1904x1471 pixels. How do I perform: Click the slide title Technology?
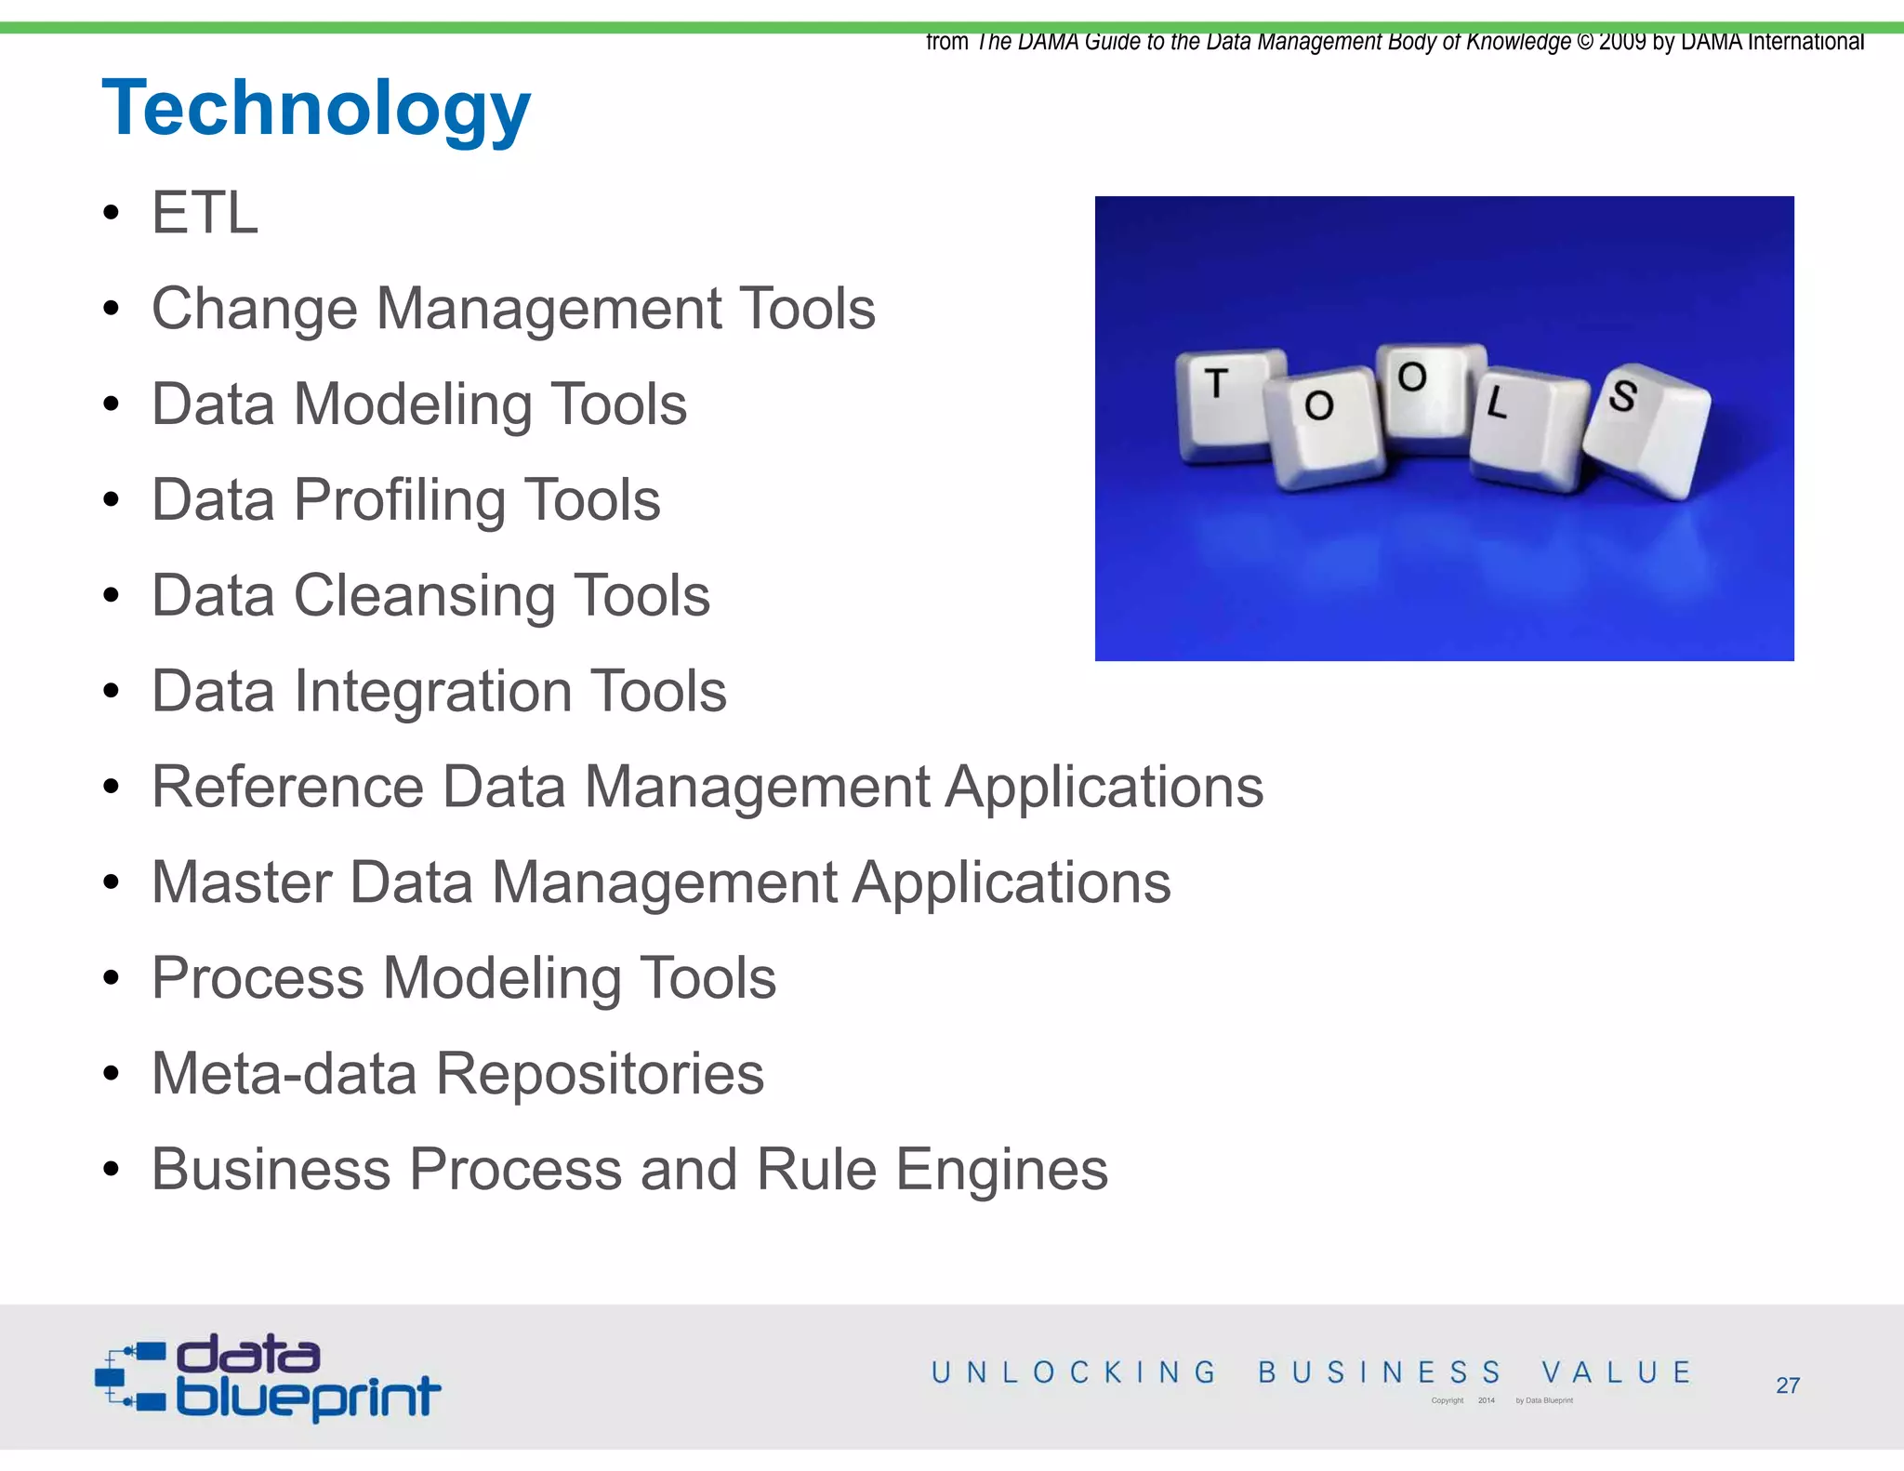pos(316,110)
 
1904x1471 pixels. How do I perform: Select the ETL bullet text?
pos(205,213)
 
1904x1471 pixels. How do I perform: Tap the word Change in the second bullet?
pos(254,309)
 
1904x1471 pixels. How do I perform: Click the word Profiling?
pos(399,500)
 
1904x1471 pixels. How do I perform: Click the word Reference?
pos(287,787)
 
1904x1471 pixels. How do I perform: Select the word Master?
pos(241,882)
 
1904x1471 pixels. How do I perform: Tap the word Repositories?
pos(600,1074)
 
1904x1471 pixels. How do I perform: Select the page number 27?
pos(1787,1385)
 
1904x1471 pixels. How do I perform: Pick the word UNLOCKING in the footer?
pos(1074,1372)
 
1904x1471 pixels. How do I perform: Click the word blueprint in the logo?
pos(308,1396)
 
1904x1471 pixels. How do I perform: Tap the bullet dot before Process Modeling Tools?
pos(112,979)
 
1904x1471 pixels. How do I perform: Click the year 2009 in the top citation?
pos(1622,42)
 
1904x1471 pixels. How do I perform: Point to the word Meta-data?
pos(284,1074)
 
